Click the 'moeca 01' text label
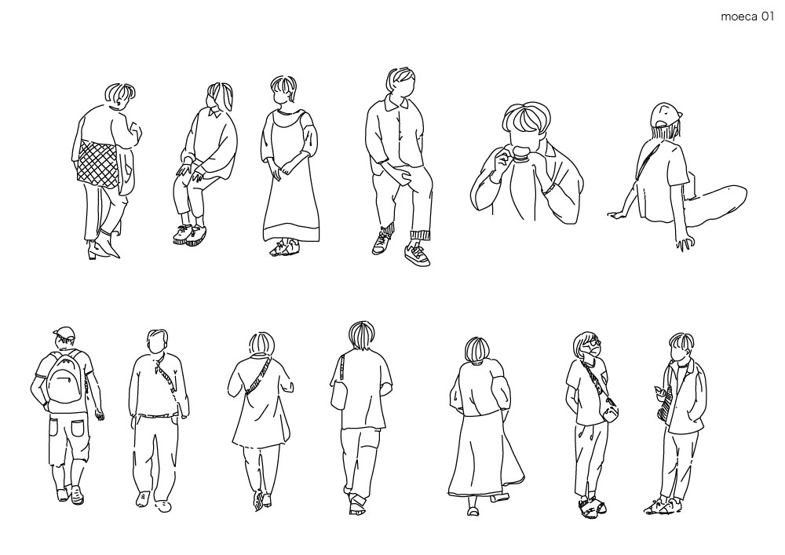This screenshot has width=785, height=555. click(747, 16)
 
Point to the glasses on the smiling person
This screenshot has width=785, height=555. click(593, 344)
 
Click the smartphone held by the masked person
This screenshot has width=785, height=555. click(657, 390)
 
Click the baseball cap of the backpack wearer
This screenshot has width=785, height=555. click(64, 332)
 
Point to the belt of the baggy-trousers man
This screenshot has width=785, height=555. click(155, 415)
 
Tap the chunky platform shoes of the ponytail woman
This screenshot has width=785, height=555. click(190, 234)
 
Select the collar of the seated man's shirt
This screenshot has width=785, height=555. click(400, 104)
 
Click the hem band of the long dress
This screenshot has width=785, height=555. click(291, 234)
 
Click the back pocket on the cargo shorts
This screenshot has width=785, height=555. click(78, 429)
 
